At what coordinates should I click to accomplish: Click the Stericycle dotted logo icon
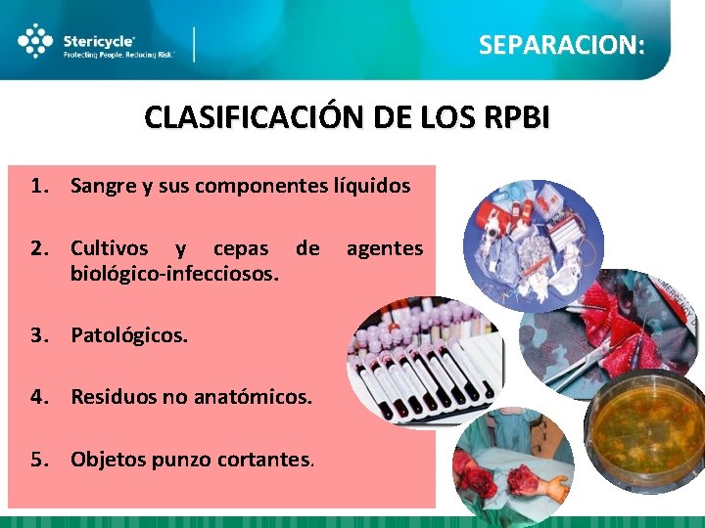tap(36, 41)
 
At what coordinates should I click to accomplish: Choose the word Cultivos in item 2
tap(110, 248)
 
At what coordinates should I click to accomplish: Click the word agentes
tap(385, 248)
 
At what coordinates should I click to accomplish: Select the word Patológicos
tap(128, 335)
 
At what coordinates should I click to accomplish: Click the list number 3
tap(37, 335)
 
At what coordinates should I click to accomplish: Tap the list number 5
tap(37, 458)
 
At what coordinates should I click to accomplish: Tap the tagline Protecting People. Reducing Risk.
tap(118, 56)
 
